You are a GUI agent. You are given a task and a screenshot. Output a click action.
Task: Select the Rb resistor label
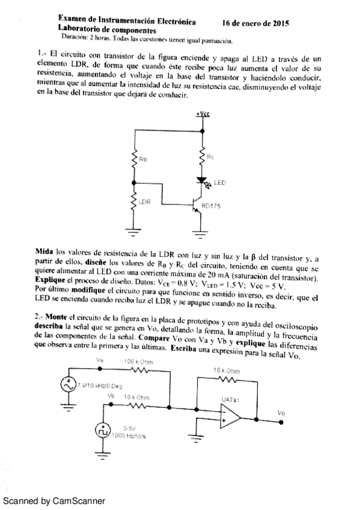click(142, 160)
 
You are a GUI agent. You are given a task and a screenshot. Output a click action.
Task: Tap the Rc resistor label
click(210, 156)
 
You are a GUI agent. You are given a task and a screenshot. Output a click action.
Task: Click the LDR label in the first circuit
click(144, 201)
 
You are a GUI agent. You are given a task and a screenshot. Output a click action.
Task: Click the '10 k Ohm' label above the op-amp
click(226, 371)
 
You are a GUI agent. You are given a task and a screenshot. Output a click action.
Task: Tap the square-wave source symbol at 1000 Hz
click(101, 431)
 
